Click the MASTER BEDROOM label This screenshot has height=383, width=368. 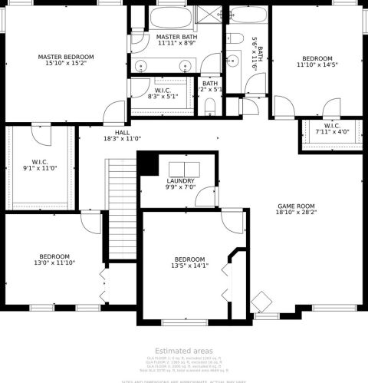coord(66,57)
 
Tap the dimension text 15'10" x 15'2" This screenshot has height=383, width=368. coord(66,64)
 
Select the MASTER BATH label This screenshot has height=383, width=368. coord(177,37)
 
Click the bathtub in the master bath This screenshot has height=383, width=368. coord(177,16)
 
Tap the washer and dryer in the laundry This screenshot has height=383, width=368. coord(181,170)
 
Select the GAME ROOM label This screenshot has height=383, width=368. coord(297,206)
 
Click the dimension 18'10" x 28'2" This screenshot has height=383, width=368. coord(297,214)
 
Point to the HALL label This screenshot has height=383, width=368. coord(112,133)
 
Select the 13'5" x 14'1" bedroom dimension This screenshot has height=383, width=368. coord(189,266)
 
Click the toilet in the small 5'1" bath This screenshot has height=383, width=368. coord(210,107)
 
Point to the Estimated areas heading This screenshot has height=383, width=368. coord(183,350)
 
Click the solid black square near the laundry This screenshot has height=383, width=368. coord(149,163)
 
